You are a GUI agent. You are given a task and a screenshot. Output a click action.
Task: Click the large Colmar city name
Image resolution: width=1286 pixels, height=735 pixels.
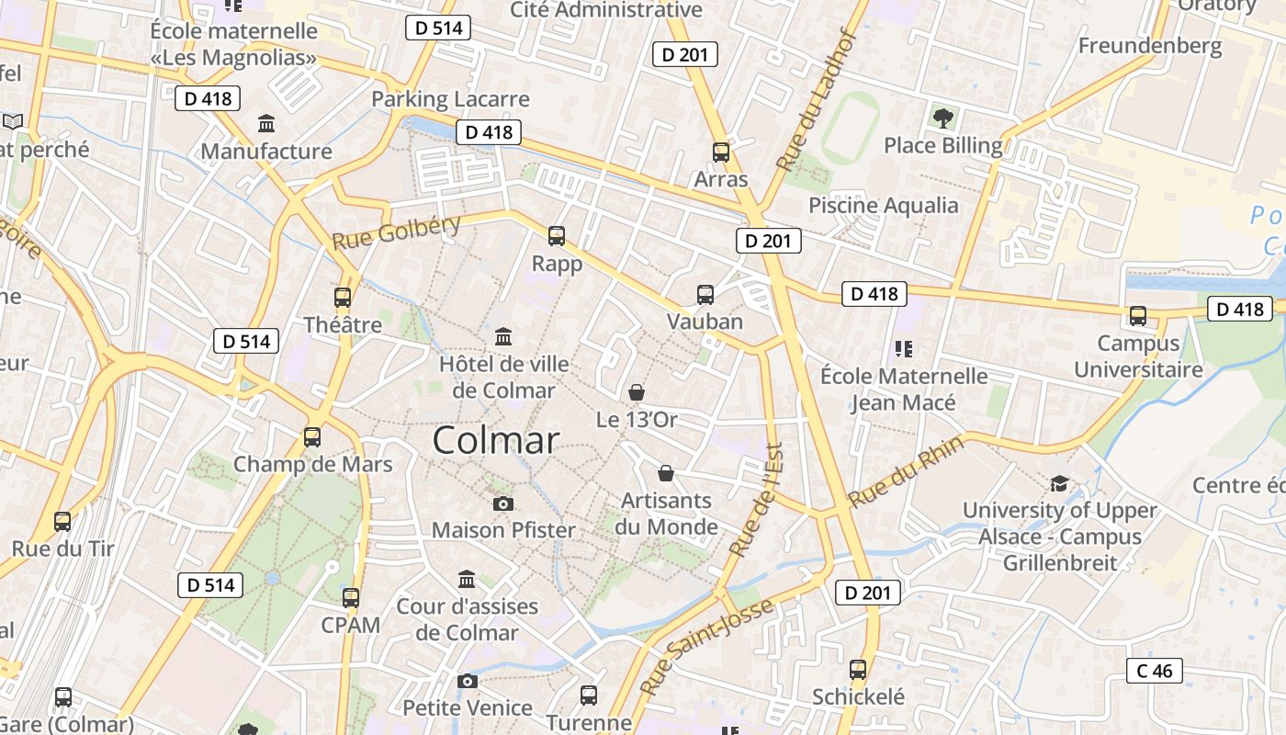coord(495,440)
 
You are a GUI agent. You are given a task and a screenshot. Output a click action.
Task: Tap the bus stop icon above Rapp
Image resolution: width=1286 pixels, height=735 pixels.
coord(557,236)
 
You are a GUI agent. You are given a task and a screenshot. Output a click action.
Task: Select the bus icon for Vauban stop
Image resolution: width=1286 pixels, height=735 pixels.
coord(705,295)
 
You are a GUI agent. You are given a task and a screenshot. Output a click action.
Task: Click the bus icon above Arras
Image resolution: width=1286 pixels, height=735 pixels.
coord(721,153)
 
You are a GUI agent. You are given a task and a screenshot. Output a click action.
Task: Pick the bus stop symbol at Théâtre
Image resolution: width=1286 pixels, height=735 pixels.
coord(343,298)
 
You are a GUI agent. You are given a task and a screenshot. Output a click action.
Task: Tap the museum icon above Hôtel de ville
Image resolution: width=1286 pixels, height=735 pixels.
coord(503,337)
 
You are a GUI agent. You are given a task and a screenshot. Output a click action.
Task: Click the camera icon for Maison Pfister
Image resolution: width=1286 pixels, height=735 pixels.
coord(503,503)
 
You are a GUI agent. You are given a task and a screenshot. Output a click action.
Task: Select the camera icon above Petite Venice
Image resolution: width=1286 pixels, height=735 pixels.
coord(468,681)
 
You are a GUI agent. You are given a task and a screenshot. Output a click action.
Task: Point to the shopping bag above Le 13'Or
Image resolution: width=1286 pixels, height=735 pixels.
coord(637,393)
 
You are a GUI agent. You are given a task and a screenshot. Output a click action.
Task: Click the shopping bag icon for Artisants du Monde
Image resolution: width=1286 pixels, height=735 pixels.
coord(666,473)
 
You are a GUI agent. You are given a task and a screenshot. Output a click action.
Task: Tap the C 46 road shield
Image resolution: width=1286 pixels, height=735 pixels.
coord(1155,671)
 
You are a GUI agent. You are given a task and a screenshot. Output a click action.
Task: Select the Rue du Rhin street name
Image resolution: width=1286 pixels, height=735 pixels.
coord(906,471)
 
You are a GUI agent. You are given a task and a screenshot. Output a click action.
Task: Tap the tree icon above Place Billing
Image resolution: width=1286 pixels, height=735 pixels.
coord(942,118)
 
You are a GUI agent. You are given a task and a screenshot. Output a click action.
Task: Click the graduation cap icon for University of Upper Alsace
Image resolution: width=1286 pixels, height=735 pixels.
coord(1059,483)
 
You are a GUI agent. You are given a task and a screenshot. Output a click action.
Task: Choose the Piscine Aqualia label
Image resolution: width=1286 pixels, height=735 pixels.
coord(883,205)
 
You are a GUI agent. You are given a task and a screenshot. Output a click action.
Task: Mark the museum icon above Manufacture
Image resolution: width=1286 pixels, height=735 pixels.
coord(266,124)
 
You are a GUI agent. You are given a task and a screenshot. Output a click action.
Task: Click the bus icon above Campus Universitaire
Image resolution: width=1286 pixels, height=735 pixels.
coord(1138,316)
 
